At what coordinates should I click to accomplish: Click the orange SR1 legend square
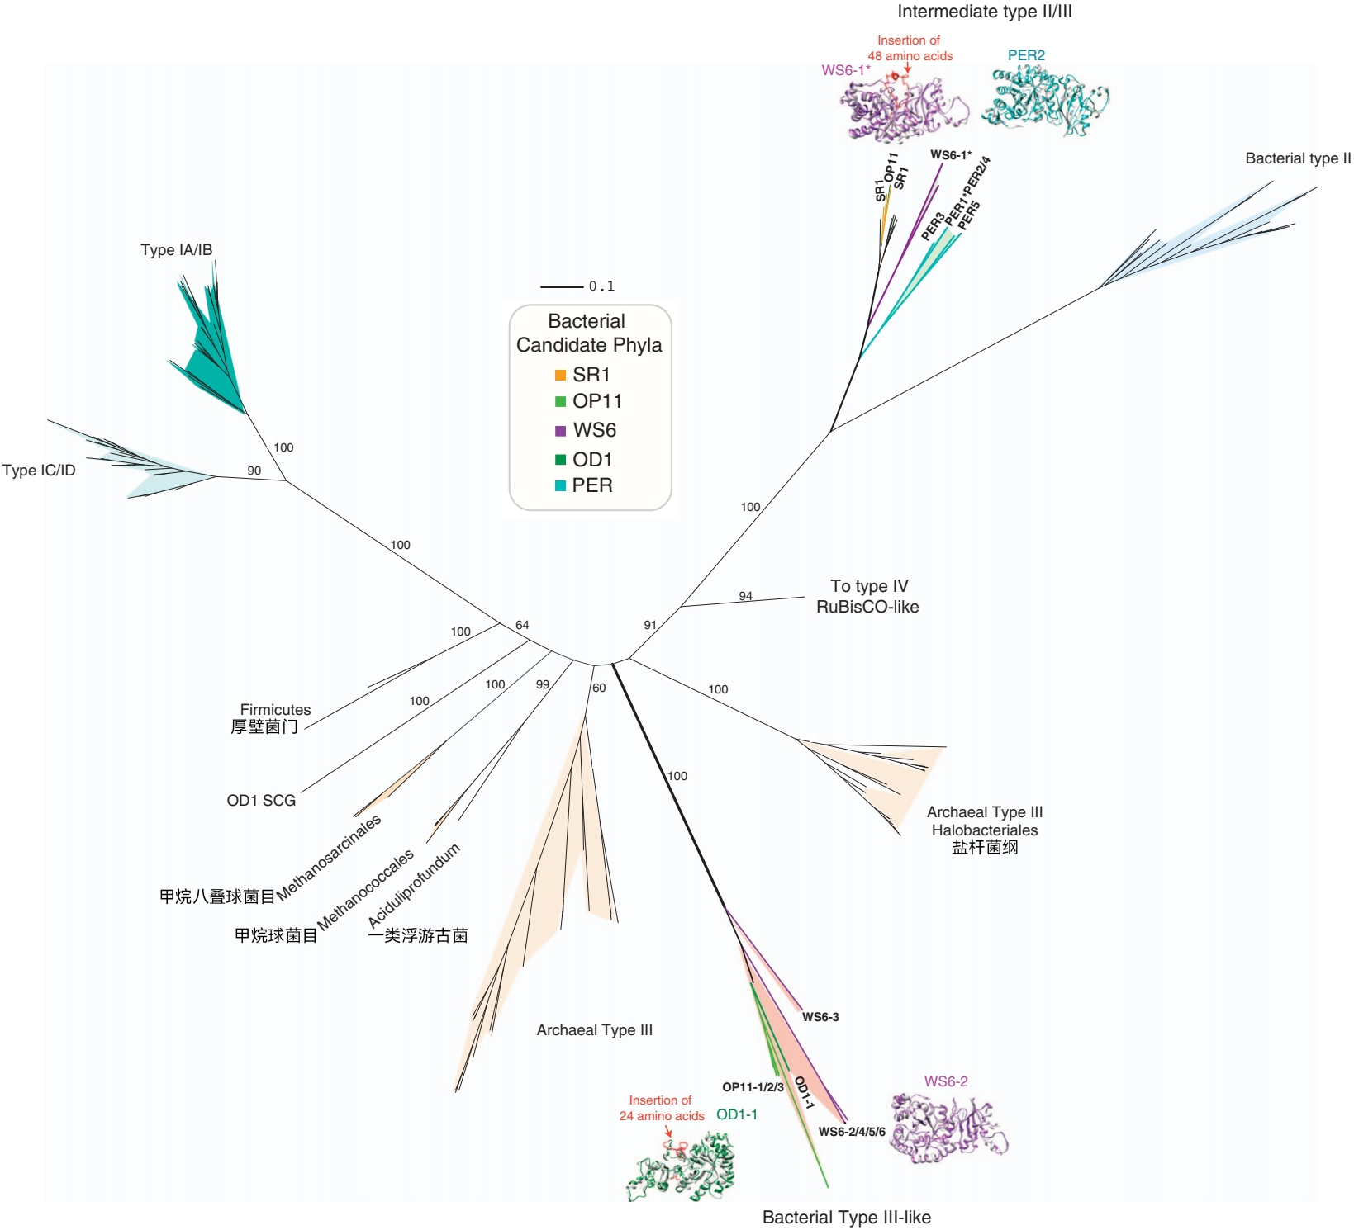(560, 375)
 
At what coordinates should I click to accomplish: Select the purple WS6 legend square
(560, 430)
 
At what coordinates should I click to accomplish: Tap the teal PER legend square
(560, 485)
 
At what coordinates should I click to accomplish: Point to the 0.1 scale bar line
(562, 286)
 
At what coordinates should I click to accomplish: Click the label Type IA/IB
(176, 250)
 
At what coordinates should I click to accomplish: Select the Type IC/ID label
(39, 471)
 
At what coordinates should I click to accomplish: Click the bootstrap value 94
(745, 596)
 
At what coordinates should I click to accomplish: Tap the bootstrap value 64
(522, 625)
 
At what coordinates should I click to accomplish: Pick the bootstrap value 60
(599, 688)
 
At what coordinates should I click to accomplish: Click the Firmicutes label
(275, 710)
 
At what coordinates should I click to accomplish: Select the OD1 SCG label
(261, 801)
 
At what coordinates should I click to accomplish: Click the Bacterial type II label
(1298, 158)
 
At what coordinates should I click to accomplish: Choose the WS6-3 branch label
(820, 1017)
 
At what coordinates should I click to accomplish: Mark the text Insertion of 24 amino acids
(661, 1108)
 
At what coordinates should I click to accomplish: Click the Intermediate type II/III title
(985, 12)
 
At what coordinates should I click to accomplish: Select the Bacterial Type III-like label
(846, 1217)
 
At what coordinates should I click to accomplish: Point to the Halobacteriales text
(985, 830)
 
